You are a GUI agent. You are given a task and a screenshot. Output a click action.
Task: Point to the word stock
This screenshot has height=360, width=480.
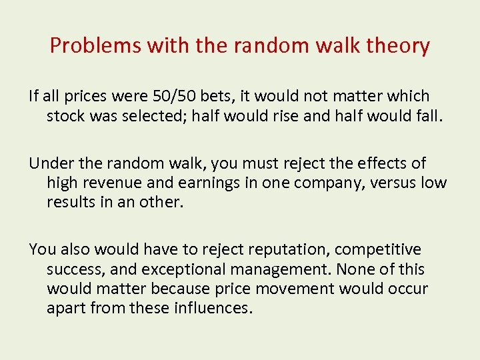pyautogui.click(x=65, y=116)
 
